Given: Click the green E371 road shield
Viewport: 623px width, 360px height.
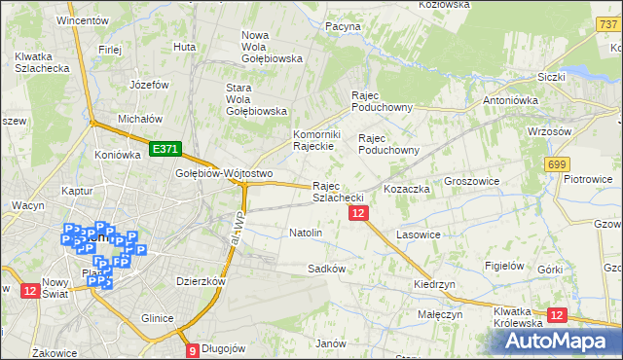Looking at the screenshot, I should click(165, 149).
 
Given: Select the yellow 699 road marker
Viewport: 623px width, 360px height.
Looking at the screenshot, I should click(557, 165).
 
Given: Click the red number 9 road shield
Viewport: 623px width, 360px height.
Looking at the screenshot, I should click(192, 350).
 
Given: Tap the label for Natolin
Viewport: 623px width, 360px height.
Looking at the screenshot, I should click(306, 234).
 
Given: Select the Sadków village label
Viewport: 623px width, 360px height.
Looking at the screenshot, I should click(326, 269).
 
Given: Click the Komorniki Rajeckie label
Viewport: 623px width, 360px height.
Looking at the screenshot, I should click(314, 140).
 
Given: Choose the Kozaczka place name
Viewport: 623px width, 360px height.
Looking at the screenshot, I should click(407, 189).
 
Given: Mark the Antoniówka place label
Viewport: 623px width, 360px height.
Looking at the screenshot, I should click(512, 100).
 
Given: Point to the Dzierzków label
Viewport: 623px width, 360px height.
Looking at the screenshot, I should click(201, 281).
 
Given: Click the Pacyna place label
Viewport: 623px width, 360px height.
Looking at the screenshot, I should click(343, 27).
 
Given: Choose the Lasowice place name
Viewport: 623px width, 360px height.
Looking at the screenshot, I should click(420, 235).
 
